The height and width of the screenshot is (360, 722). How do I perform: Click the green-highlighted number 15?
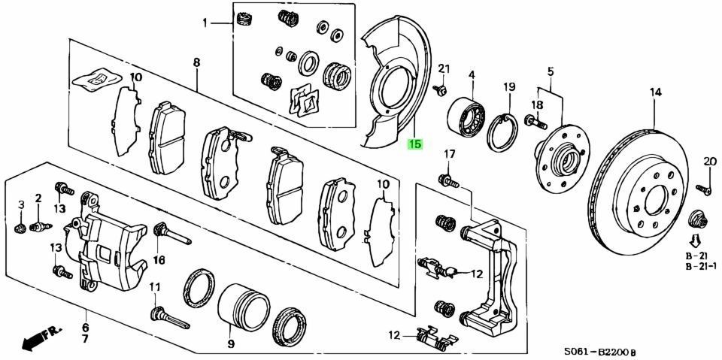(x=415, y=144)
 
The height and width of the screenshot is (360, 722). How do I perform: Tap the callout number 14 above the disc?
(x=656, y=92)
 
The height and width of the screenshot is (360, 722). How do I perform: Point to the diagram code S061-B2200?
(x=600, y=351)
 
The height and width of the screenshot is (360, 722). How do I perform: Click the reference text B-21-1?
(x=701, y=267)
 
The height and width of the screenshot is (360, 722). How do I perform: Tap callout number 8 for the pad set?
(x=196, y=63)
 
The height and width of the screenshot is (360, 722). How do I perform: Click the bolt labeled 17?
(x=449, y=180)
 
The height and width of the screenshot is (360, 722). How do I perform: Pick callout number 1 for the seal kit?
(x=205, y=23)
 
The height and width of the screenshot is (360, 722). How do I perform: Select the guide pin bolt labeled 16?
(x=170, y=234)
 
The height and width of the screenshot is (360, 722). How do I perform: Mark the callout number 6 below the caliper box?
(x=85, y=328)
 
